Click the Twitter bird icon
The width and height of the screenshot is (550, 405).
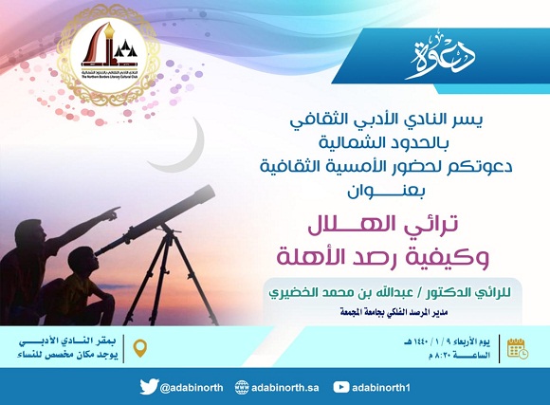point(148,386)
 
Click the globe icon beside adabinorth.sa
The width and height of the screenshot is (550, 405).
point(243,386)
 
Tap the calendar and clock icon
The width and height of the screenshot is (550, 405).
point(517,347)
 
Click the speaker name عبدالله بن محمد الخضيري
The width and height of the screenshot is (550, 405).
point(371,290)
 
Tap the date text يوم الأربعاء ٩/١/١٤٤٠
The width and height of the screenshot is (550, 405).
point(447,340)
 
